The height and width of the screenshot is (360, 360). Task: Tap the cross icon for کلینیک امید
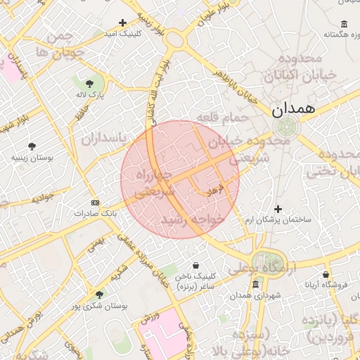[x=123, y=23]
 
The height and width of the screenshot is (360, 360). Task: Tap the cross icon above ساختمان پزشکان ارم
[x=278, y=209]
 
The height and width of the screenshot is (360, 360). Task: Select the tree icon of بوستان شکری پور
[x=98, y=295]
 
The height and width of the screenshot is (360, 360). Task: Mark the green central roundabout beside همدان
[x=285, y=127]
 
